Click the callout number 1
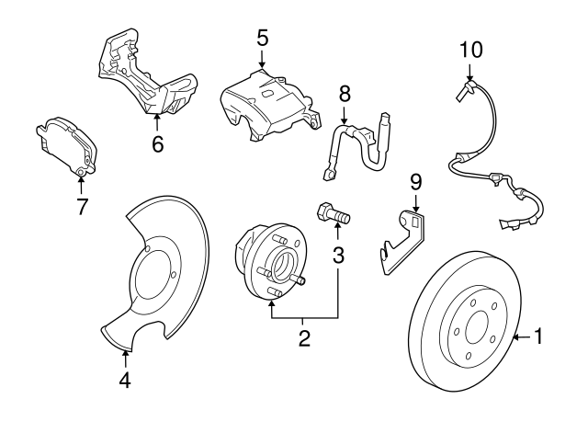pyautogui.click(x=538, y=337)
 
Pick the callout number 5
pyautogui.click(x=262, y=38)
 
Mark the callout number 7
pyautogui.click(x=82, y=206)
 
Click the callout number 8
pyautogui.click(x=345, y=93)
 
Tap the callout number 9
pyautogui.click(x=415, y=180)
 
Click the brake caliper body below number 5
pyautogui.click(x=262, y=106)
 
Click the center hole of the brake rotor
pyautogui.click(x=477, y=326)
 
